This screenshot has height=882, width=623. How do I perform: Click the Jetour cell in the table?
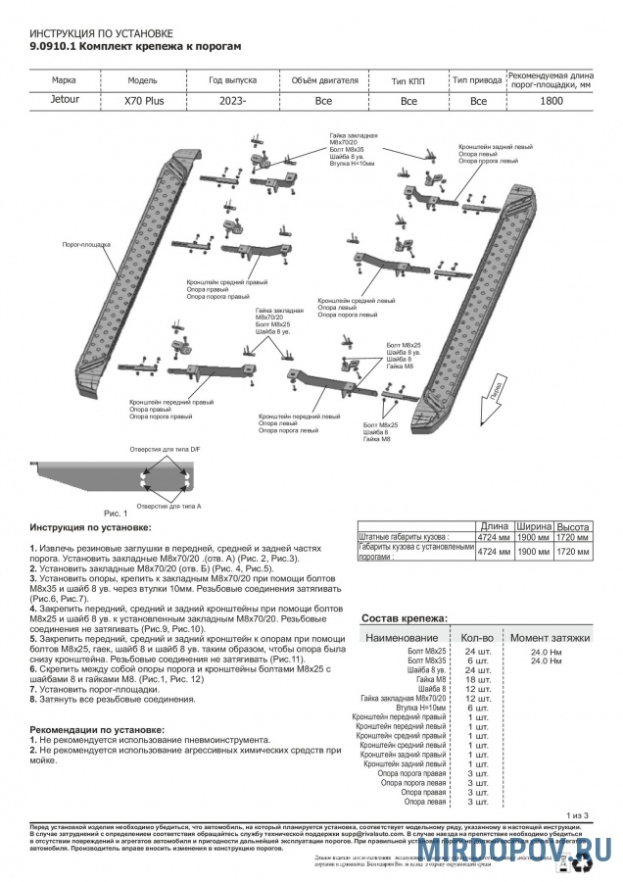[x=65, y=100]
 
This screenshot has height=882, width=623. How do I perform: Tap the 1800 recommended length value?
[x=551, y=101]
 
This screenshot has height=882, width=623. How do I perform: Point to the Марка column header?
[x=65, y=80]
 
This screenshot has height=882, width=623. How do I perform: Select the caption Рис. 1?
[x=116, y=513]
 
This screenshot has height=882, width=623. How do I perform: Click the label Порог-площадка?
[x=86, y=243]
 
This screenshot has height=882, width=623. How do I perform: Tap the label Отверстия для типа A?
[x=168, y=506]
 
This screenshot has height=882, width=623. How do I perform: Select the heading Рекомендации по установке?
[x=96, y=730]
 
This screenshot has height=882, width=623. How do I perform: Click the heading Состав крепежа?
[x=405, y=619]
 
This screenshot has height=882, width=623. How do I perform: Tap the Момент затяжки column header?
[x=550, y=637]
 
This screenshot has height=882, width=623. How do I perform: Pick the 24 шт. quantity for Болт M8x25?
[x=477, y=652]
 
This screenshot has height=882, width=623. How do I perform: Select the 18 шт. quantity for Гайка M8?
[x=477, y=679]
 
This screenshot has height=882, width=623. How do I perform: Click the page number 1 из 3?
[x=577, y=814]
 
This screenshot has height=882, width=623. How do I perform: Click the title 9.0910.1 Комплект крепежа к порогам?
[x=128, y=45]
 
